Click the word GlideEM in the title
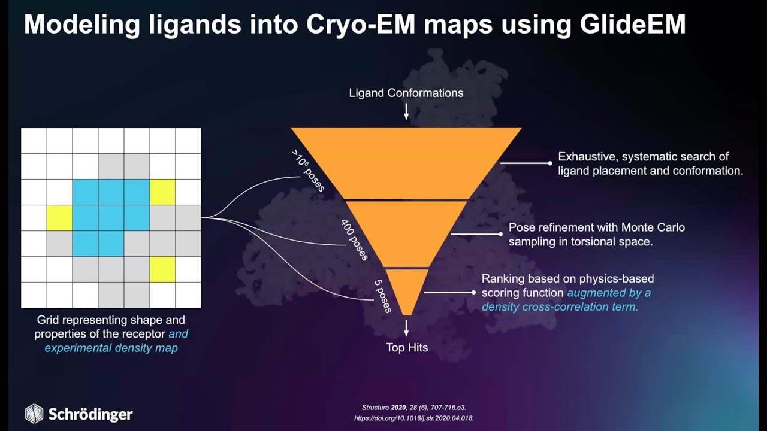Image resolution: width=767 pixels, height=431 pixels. pos(632,25)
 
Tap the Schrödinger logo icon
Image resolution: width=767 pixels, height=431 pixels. pos(34,413)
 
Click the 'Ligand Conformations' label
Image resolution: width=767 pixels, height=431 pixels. pos(406,93)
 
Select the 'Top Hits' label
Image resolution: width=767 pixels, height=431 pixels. pos(407,348)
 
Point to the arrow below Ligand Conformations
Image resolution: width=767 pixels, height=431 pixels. pos(406,111)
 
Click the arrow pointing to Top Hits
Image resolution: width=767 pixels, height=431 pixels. pos(406,329)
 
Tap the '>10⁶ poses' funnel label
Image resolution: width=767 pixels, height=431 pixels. pos(308,171)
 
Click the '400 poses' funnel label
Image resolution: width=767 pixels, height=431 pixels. pos(354,241)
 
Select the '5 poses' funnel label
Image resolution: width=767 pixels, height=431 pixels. pos(382,296)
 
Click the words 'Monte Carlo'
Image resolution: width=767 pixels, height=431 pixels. pos(653,227)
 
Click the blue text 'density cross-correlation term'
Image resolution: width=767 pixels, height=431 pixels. pos(560,307)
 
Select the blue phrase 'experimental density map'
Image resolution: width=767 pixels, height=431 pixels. pos(111,348)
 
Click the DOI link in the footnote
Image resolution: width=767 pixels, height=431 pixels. pos(414,418)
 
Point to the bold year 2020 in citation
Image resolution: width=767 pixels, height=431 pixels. pos(398,408)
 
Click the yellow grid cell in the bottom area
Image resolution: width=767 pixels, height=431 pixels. pos(162,269)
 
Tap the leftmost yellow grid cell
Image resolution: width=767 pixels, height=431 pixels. pos(59,218)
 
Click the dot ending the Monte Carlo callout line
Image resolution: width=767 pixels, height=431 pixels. pos(500,234)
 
